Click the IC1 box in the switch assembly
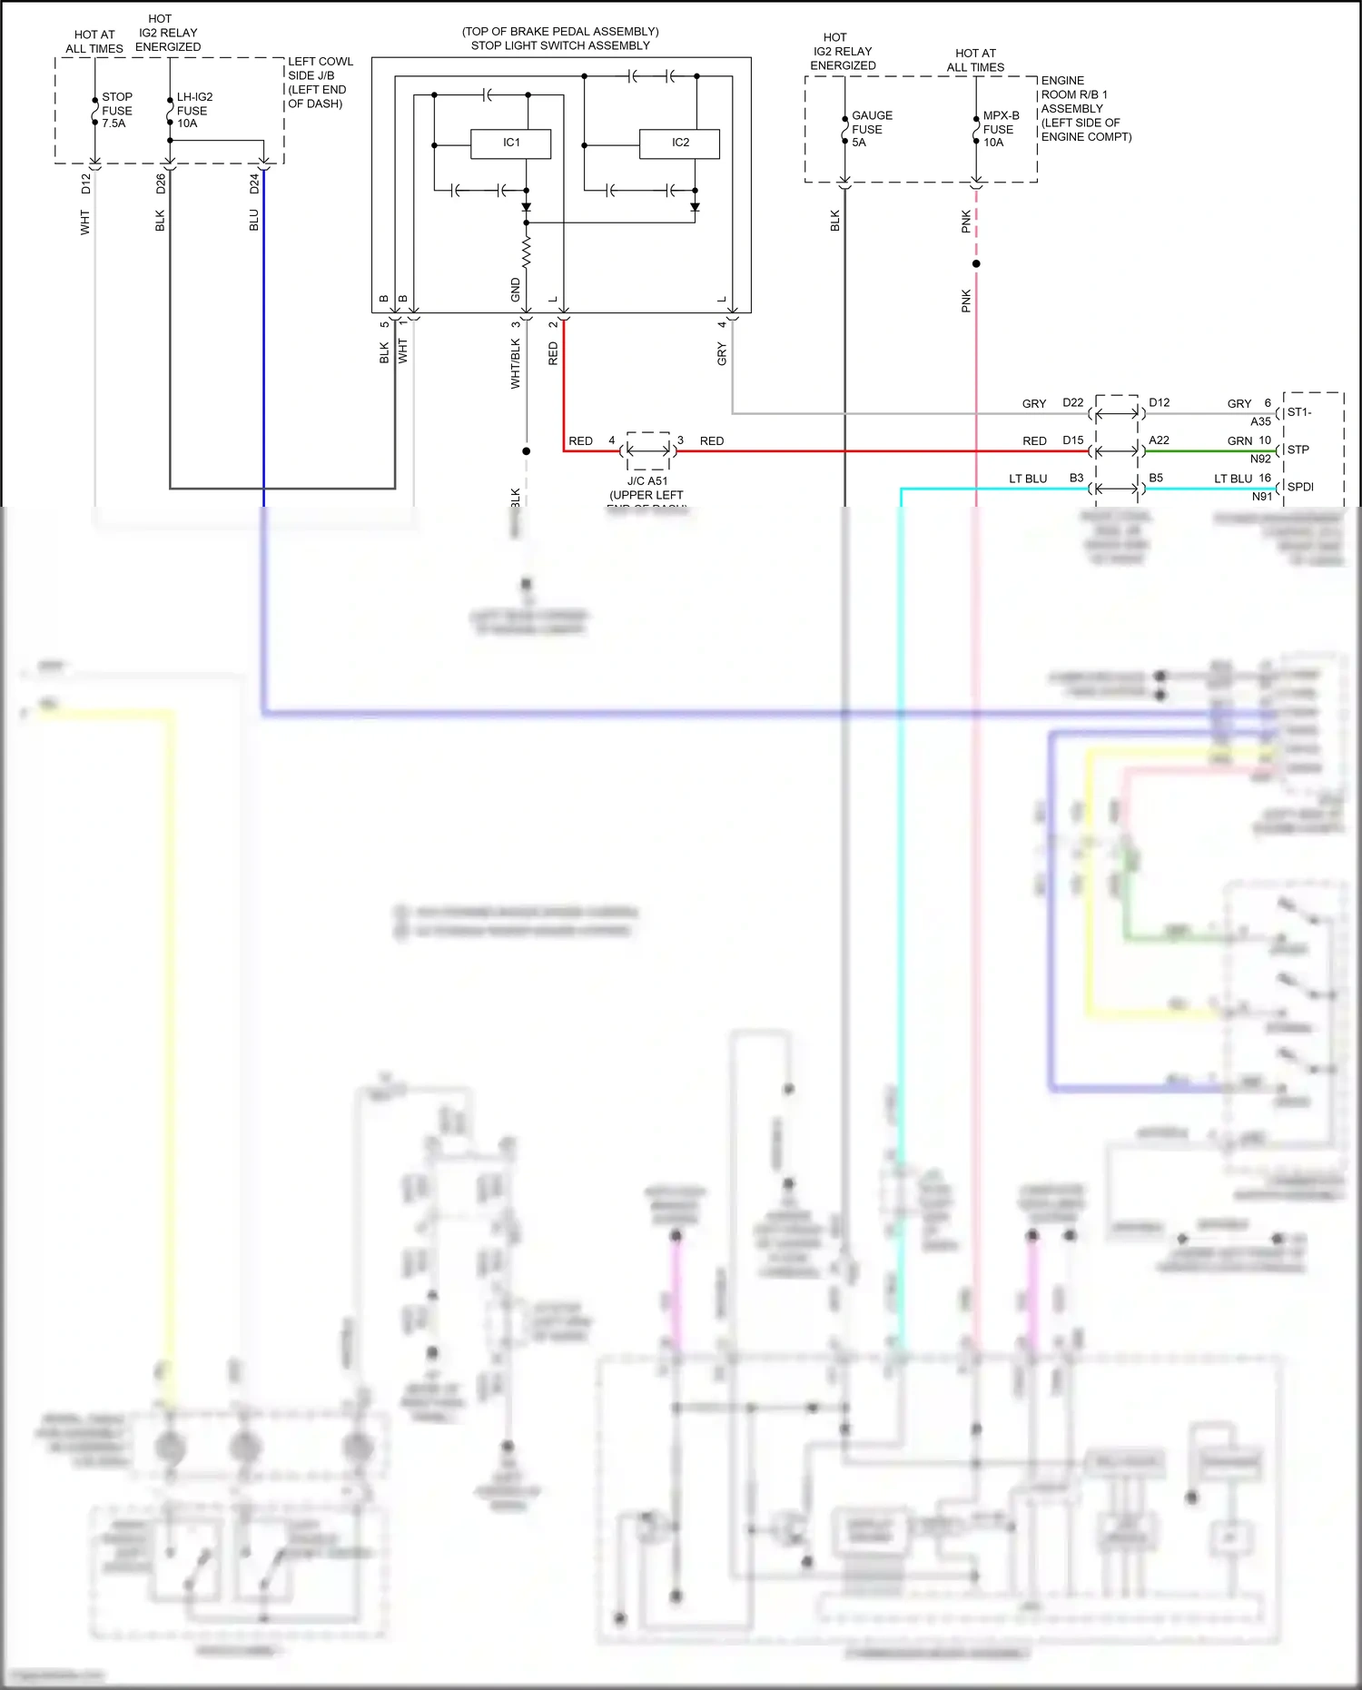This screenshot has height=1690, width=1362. pyautogui.click(x=510, y=143)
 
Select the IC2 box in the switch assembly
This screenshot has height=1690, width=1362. pyautogui.click(x=679, y=143)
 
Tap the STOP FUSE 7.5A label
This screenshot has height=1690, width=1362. pyautogui.click(x=116, y=110)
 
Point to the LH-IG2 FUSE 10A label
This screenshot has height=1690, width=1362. pyautogui.click(x=193, y=110)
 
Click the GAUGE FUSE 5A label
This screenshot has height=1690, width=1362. pyautogui.click(x=871, y=129)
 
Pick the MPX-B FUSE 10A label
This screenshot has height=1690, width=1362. pyautogui.click(x=1000, y=129)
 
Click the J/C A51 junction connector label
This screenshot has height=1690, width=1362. pyautogui.click(x=647, y=481)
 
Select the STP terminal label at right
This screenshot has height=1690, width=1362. pyautogui.click(x=1298, y=450)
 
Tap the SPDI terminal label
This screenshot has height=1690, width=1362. pyautogui.click(x=1300, y=487)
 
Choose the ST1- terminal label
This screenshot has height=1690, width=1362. pyautogui.click(x=1299, y=412)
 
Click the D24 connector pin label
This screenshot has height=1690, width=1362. pyautogui.click(x=254, y=184)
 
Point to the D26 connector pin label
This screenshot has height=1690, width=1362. pyautogui.click(x=161, y=184)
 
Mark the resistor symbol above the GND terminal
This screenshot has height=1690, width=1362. pyautogui.click(x=527, y=252)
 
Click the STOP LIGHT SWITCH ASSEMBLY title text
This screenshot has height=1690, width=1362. pyautogui.click(x=560, y=45)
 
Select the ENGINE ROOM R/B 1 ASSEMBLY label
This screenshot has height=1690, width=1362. pyautogui.click(x=1085, y=108)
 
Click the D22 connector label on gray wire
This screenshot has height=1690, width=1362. pyautogui.click(x=1072, y=402)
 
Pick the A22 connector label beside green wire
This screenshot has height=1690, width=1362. pyautogui.click(x=1159, y=440)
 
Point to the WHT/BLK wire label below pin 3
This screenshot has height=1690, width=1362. pyautogui.click(x=515, y=364)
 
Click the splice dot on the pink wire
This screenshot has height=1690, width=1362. pyautogui.click(x=976, y=264)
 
